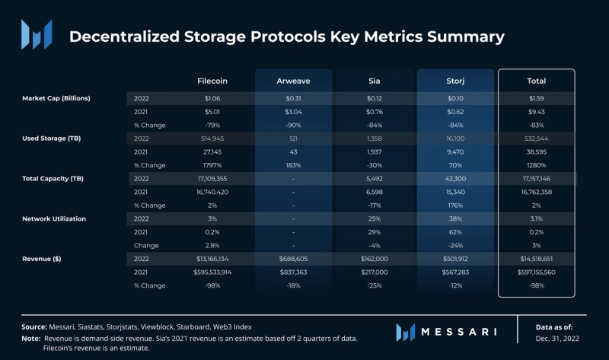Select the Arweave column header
(x=293, y=81)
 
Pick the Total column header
(x=536, y=81)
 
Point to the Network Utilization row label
(x=55, y=218)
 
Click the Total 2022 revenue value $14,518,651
(x=536, y=259)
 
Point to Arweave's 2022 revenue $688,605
(x=293, y=259)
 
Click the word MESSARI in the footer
(x=460, y=331)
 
